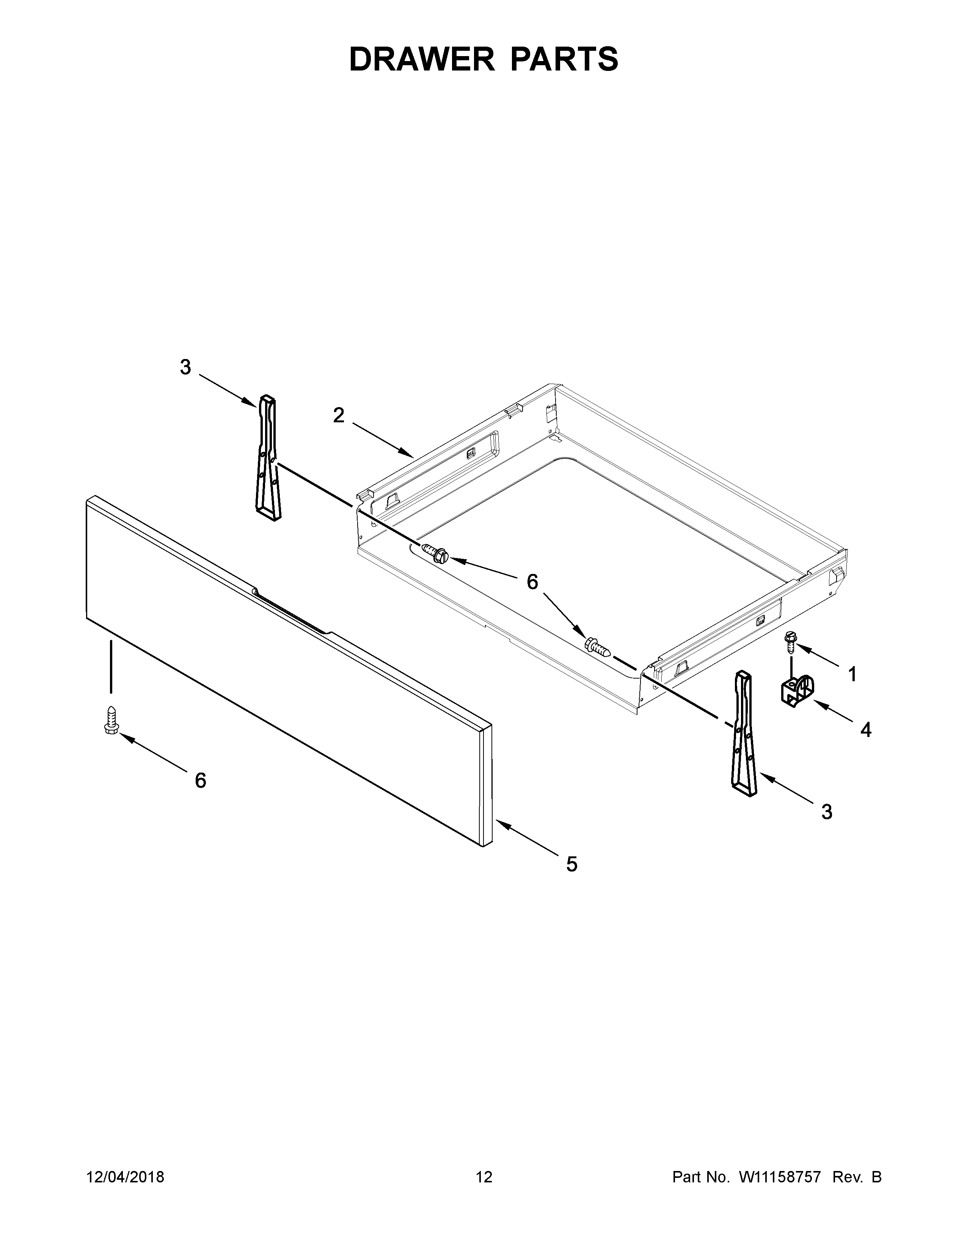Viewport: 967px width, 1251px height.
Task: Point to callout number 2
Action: coord(339,415)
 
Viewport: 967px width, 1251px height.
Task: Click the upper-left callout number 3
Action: coord(185,367)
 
